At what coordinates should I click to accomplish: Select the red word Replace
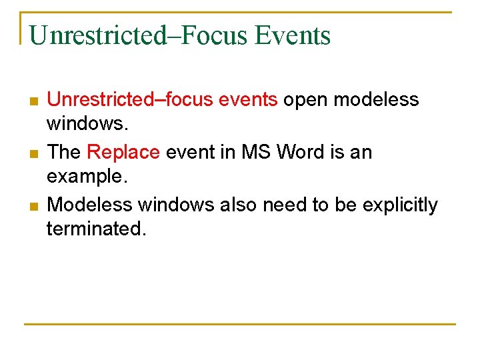[123, 153]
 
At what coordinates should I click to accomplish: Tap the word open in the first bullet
[305, 100]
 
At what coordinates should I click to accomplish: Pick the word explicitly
[400, 205]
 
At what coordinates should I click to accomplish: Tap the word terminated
[95, 229]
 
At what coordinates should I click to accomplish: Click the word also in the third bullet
[238, 205]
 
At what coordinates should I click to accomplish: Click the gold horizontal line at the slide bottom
[240, 325]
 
